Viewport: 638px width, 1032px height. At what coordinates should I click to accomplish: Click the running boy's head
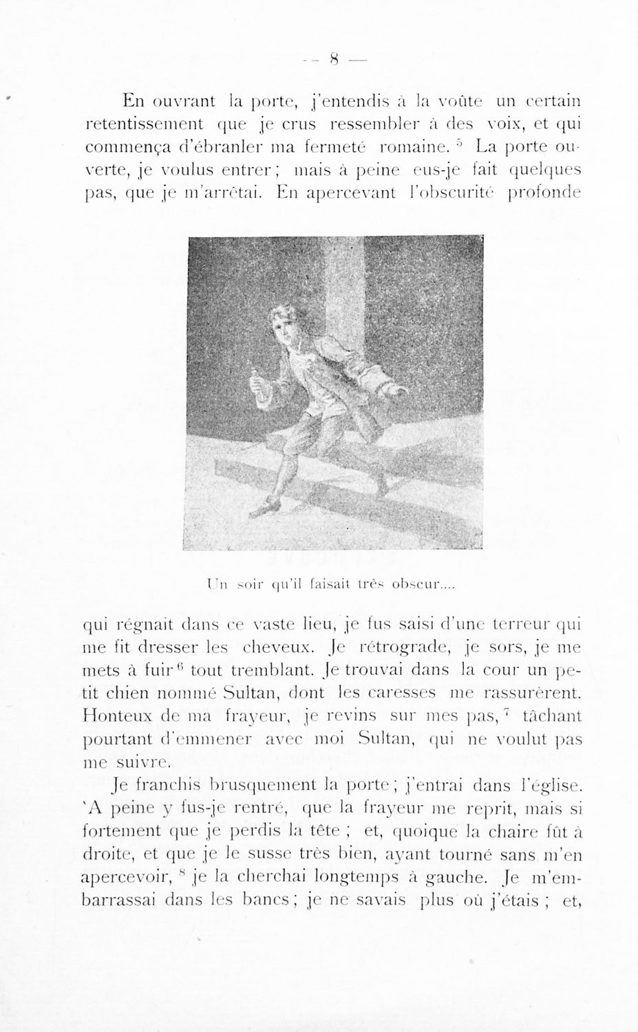(x=284, y=325)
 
